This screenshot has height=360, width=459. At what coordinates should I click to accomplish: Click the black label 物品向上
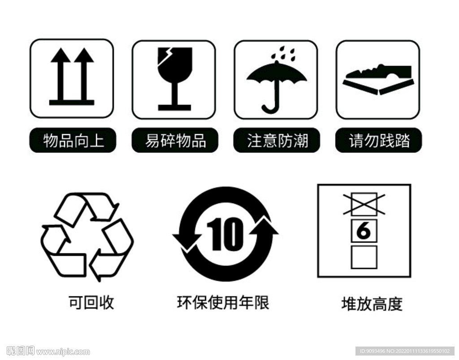(73, 141)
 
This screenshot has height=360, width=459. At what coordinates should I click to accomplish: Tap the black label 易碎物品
(175, 141)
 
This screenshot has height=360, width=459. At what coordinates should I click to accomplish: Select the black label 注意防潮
(277, 141)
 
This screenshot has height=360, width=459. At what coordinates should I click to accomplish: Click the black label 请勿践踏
(379, 141)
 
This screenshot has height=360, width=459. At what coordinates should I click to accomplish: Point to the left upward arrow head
(60, 56)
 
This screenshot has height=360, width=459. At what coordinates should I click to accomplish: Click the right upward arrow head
(84, 56)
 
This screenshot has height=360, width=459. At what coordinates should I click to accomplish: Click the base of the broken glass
(174, 107)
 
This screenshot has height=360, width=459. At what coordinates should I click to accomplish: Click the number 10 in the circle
(225, 234)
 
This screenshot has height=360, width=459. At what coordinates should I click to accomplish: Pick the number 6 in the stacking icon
(364, 231)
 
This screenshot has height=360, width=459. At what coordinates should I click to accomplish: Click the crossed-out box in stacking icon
(364, 204)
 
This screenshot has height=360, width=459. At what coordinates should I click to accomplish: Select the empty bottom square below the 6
(364, 257)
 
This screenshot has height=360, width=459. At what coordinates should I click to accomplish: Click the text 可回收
(91, 303)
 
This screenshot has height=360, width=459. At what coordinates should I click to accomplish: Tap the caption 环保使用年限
(223, 303)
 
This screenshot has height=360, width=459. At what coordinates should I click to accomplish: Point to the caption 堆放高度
(372, 304)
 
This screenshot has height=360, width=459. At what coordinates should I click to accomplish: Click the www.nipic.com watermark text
(63, 351)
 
